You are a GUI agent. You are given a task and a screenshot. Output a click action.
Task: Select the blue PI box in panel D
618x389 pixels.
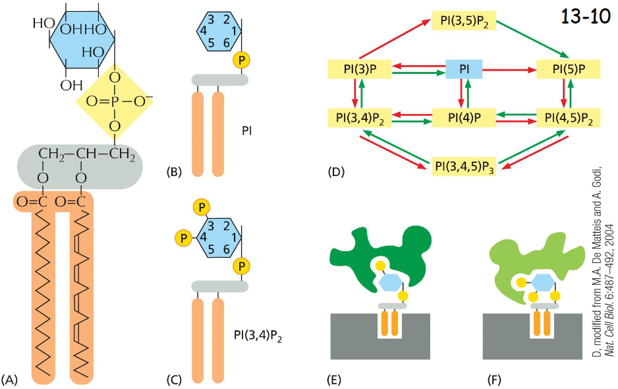(464, 68)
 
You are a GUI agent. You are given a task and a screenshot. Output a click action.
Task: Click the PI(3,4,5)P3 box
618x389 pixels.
(464, 165)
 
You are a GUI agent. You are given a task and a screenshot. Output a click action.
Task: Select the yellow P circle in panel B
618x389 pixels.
(241, 61)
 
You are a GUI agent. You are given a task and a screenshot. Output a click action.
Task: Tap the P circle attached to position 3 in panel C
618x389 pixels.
(201, 207)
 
